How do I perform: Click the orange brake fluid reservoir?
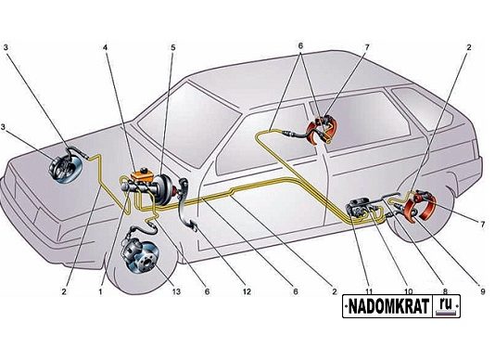[142, 175]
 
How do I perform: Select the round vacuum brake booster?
[163, 189]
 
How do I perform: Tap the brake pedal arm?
[184, 202]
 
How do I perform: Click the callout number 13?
[176, 291]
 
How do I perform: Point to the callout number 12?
[247, 291]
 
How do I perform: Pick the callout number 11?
[369, 291]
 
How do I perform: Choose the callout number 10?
[408, 291]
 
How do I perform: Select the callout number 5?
[172, 47]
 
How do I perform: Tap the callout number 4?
[105, 47]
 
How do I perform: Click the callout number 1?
[100, 291]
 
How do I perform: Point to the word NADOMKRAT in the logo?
[388, 305]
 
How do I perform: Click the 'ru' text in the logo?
[446, 304]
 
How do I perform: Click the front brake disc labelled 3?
[66, 167]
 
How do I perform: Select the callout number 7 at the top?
[366, 47]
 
